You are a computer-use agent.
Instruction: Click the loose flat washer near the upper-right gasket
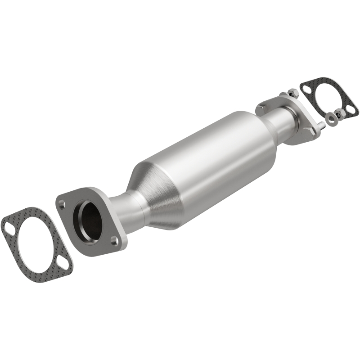pyautogui.click(x=332, y=119)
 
